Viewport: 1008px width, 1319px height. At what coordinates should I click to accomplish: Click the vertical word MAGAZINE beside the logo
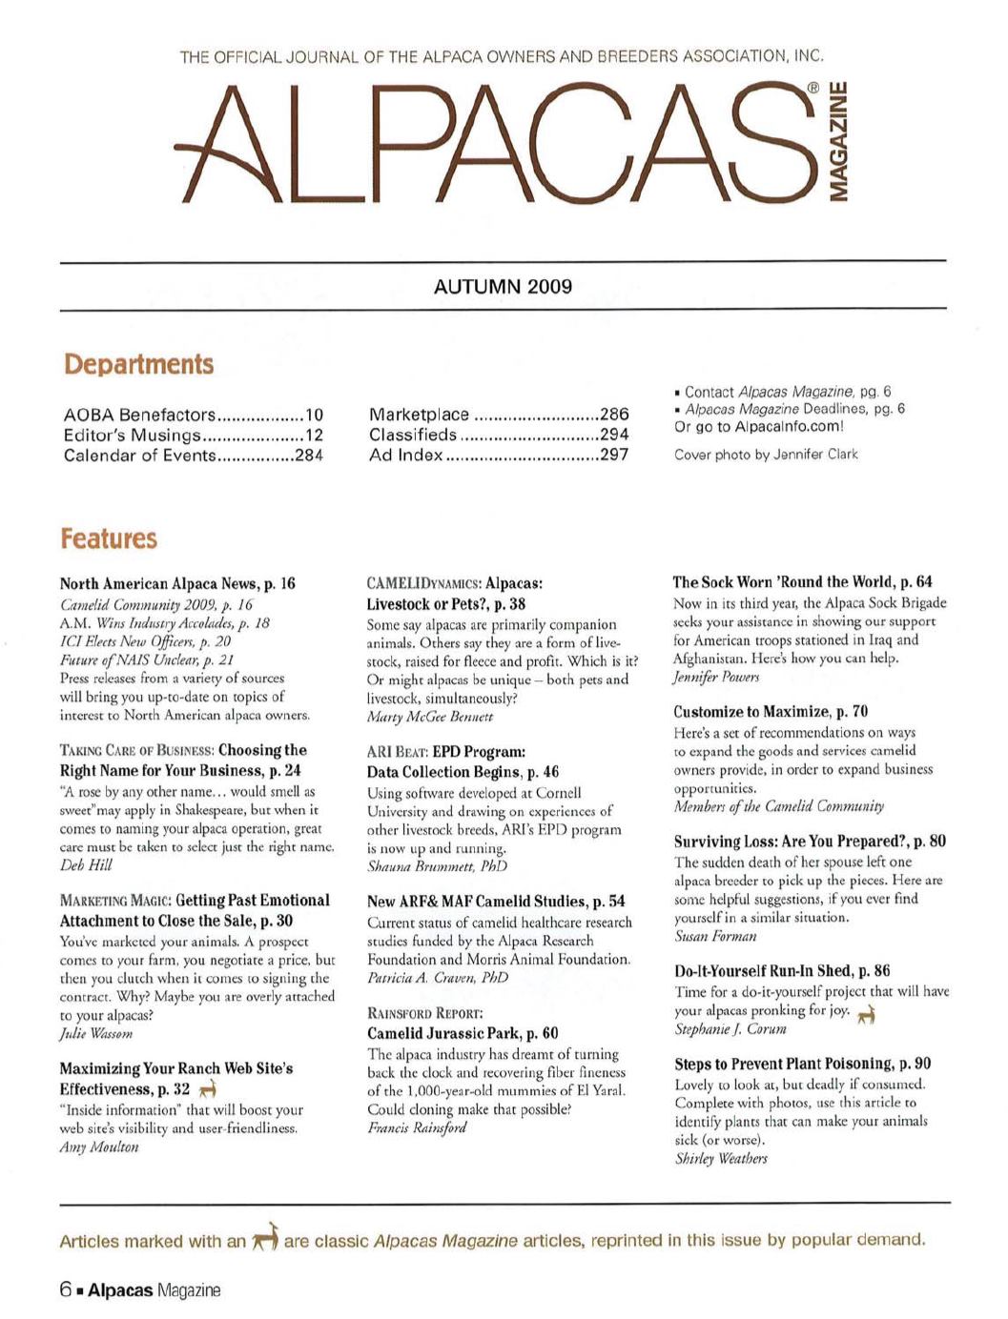pos(839,141)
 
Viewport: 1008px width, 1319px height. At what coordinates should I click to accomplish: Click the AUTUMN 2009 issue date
pos(503,286)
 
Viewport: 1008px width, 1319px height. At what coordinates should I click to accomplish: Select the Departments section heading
pos(138,364)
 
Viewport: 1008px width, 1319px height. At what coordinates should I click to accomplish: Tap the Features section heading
pos(109,538)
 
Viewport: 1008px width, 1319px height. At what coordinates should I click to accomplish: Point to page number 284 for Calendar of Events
pos(308,455)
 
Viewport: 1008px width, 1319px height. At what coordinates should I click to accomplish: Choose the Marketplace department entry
pos(419,415)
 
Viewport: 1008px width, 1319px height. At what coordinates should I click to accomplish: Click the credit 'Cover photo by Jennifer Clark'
pos(766,454)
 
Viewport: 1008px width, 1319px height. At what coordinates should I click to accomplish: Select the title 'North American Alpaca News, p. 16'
pos(177,583)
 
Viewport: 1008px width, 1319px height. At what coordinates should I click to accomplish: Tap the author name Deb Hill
pos(86,865)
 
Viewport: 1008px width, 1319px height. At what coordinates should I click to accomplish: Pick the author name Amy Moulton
pos(99,1147)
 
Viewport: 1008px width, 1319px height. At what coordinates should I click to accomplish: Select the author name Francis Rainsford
pos(417,1128)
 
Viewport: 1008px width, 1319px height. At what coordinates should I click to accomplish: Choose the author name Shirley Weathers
pos(721,1159)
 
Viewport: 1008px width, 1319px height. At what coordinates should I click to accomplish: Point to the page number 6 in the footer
pos(66,1290)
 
